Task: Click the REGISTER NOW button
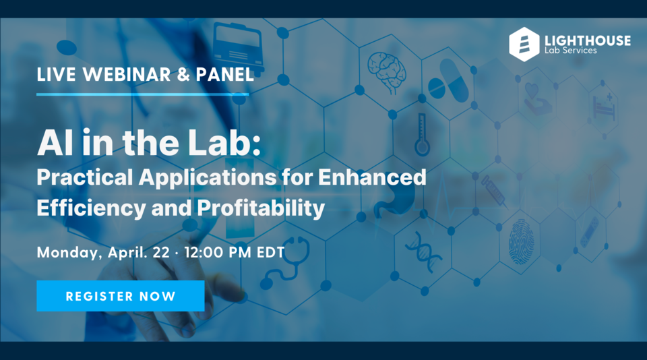coord(120,296)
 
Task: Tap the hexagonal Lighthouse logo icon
coord(524,44)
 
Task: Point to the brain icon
coord(386,69)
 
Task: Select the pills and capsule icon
coord(446,79)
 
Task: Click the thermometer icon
coord(422,134)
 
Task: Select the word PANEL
coord(224,75)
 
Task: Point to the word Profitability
coord(260,208)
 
